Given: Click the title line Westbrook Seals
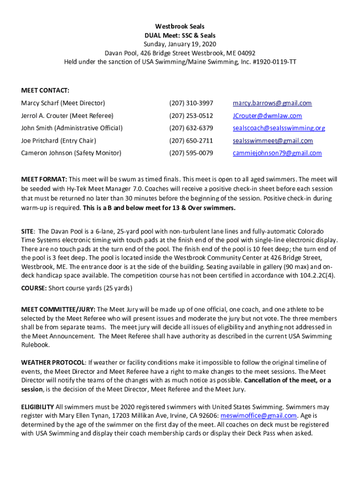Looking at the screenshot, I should coord(180,27).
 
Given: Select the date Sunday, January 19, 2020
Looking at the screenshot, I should coord(180,44).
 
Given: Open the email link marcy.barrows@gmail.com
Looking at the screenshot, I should coord(273,103).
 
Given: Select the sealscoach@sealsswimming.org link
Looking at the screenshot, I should coord(279,128).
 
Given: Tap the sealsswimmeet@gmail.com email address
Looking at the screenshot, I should coord(273,141).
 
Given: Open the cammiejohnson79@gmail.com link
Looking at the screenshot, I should coord(277,153).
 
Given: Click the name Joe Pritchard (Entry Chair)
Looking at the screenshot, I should coord(58,141).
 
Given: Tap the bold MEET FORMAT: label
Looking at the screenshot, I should coord(44,179).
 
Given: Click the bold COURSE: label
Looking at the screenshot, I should coord(34,288).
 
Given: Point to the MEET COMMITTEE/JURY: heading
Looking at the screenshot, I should coord(58,310).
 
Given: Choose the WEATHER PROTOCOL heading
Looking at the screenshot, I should coord(53,363).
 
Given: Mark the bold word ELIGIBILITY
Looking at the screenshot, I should coord(37,407).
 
